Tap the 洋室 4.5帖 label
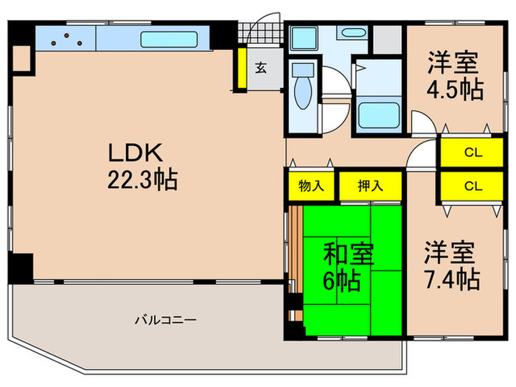point(455,76)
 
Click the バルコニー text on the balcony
point(164,320)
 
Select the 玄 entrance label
point(261,69)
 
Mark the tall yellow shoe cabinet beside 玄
point(241,67)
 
